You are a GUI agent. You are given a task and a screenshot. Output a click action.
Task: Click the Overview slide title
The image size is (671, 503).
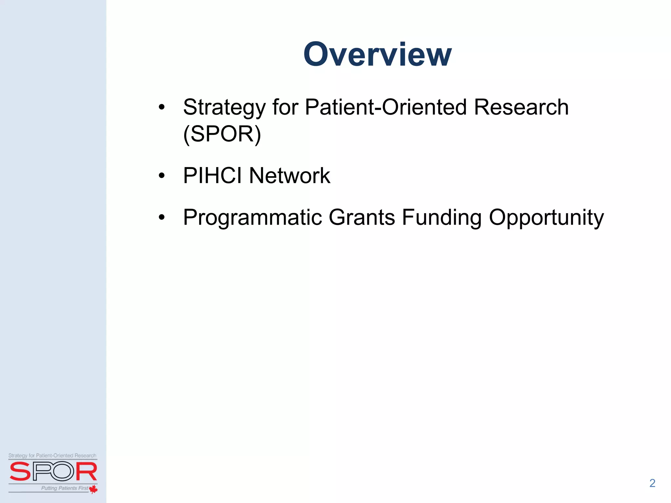[x=377, y=54]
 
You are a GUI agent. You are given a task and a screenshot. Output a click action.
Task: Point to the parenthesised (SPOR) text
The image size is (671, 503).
[x=222, y=134]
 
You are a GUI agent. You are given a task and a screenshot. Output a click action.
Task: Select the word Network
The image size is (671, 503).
[x=289, y=176]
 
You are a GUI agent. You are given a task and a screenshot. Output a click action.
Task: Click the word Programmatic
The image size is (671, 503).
[x=252, y=217]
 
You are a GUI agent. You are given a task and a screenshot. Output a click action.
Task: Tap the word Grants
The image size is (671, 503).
[x=362, y=217]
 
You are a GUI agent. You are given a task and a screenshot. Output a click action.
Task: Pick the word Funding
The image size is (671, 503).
[x=442, y=217]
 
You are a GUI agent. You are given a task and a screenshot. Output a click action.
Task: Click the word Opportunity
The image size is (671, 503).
[x=546, y=217]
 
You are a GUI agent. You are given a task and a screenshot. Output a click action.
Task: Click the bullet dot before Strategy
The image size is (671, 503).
[x=162, y=107]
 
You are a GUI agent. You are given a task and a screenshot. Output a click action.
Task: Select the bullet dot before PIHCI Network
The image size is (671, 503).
[x=162, y=176]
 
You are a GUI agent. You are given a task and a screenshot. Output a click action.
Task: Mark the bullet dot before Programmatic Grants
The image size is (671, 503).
[x=162, y=217]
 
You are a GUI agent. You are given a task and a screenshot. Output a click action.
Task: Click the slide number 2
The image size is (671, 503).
[x=652, y=483]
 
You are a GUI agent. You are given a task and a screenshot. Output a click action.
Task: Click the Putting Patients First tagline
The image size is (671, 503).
[x=65, y=488]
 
